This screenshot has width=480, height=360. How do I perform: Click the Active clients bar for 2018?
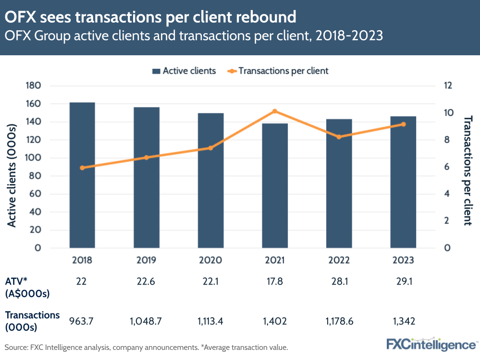tap(82, 175)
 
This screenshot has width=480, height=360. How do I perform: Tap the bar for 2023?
tap(403, 182)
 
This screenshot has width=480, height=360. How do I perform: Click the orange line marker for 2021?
tap(275, 112)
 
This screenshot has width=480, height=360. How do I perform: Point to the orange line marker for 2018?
tap(82, 168)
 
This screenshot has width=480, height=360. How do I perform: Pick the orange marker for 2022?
tap(339, 137)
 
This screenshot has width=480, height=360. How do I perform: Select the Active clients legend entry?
tap(184, 71)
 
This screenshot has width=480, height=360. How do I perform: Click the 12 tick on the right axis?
tap(448, 86)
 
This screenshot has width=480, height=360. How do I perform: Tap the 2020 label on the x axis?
tap(210, 260)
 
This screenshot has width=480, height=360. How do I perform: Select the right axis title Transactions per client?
tap(467, 170)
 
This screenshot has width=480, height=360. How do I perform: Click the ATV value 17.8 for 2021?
tap(275, 282)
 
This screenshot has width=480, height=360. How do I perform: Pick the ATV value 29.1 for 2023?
tap(403, 282)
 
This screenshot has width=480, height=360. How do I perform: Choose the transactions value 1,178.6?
tap(339, 321)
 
